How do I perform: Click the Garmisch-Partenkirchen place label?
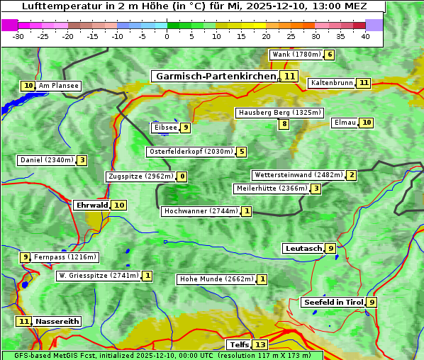[x=216, y=76]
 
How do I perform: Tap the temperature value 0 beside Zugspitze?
[x=182, y=176]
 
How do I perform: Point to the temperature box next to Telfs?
[x=261, y=345]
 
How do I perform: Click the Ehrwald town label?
[x=91, y=205]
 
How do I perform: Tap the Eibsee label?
[x=164, y=128]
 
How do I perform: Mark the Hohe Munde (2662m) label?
[x=216, y=279]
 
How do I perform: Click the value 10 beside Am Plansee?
[x=28, y=86]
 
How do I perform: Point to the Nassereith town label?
[x=57, y=321]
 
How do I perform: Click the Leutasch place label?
[x=303, y=248]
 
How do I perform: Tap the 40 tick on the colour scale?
[x=365, y=36]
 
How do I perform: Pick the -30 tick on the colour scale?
[x=19, y=36]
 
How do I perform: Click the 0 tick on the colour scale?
[x=167, y=36]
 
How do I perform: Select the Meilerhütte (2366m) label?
[x=272, y=189]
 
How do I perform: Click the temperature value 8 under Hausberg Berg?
[x=284, y=124]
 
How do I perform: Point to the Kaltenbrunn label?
[x=331, y=83]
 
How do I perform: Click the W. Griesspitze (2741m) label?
[x=99, y=276]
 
